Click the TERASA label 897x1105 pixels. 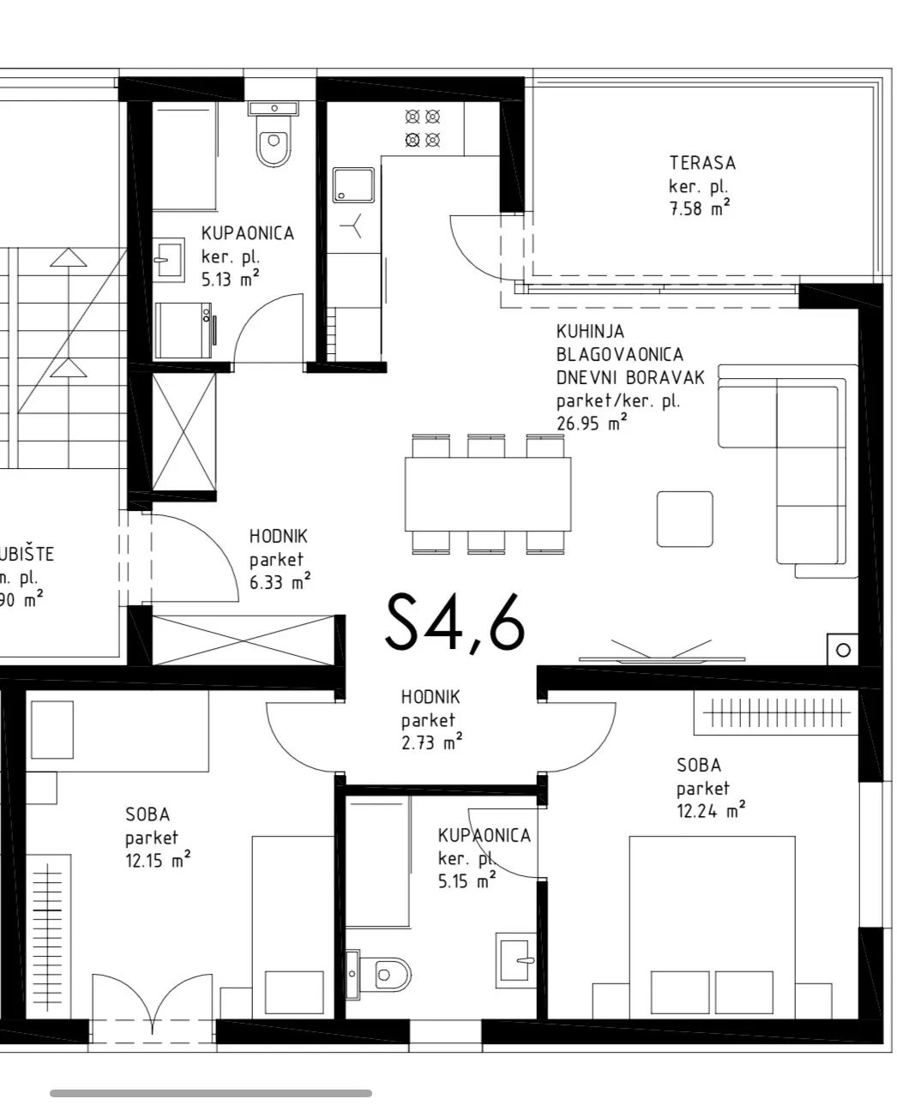[x=702, y=163]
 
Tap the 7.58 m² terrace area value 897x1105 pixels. [x=699, y=207]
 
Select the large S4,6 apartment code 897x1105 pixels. [x=455, y=622]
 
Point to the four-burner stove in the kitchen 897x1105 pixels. [x=422, y=128]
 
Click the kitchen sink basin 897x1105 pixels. [x=352, y=184]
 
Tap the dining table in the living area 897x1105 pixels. [x=488, y=494]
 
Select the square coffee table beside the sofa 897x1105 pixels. [x=684, y=519]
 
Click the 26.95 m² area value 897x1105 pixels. [x=592, y=423]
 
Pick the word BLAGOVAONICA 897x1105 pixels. [x=619, y=354]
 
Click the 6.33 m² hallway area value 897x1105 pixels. [x=280, y=581]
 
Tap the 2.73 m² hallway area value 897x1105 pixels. [x=431, y=742]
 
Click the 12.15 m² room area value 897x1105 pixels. [x=158, y=860]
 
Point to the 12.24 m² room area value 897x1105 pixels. [x=711, y=810]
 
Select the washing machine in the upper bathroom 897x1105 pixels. [x=184, y=330]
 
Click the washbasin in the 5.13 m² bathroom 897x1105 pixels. [x=168, y=260]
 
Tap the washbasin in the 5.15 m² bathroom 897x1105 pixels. [x=515, y=960]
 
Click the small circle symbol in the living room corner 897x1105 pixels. [x=843, y=650]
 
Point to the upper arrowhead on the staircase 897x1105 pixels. [x=68, y=257]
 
